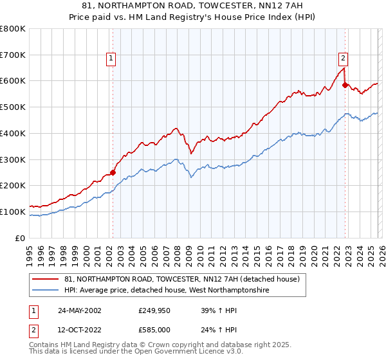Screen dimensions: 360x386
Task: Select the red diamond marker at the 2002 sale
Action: (x=113, y=172)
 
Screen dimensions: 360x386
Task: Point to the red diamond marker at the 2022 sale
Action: (x=345, y=84)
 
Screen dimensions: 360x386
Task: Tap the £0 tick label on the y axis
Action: (x=21, y=238)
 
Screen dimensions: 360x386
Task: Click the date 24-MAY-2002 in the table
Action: (x=79, y=310)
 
